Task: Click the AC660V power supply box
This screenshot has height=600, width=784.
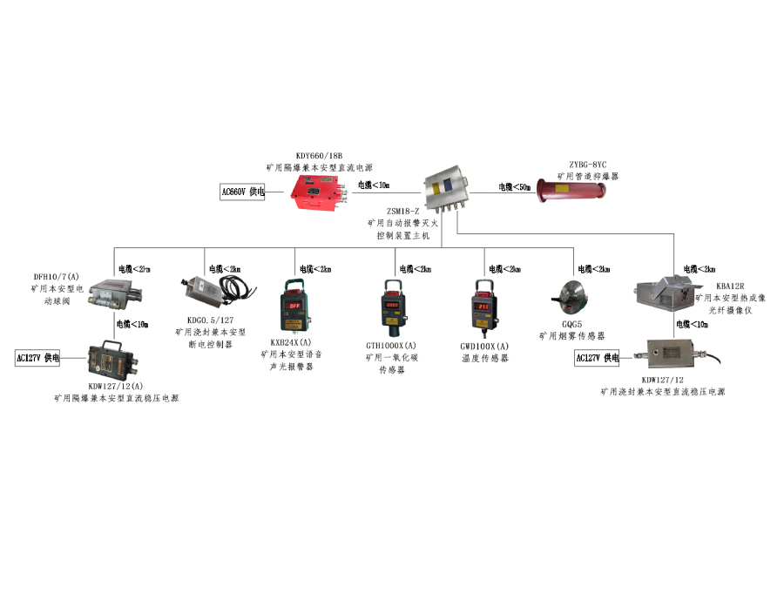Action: [243, 192]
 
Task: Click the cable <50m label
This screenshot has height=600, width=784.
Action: [514, 187]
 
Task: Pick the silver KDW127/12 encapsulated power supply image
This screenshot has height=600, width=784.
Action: [671, 355]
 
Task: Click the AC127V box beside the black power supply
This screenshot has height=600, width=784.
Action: [37, 358]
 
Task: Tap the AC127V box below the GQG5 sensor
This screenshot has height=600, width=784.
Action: [597, 358]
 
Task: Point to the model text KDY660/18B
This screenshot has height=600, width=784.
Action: [319, 153]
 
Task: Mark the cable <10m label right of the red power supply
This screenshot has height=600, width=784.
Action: [374, 185]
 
